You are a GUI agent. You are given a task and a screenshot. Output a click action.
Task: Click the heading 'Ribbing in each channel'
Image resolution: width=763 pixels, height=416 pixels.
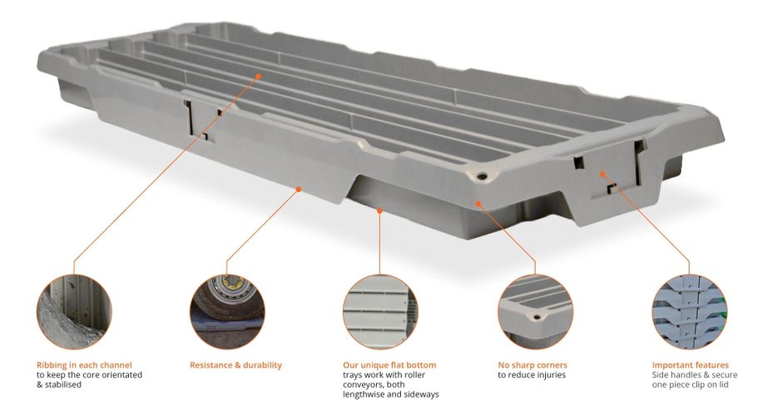[x=84, y=364]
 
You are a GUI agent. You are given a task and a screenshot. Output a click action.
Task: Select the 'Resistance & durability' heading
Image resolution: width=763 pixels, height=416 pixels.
[x=235, y=364]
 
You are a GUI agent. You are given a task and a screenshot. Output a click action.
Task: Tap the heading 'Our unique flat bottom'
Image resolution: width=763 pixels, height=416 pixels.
[x=389, y=364]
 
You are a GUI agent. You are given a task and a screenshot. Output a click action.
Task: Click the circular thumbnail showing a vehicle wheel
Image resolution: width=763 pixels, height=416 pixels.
[x=226, y=310]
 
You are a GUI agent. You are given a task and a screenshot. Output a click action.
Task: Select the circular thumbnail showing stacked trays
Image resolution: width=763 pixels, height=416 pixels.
[x=689, y=310]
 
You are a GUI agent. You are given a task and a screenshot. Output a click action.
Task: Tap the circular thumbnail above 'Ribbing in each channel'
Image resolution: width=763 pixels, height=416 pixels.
[x=74, y=310]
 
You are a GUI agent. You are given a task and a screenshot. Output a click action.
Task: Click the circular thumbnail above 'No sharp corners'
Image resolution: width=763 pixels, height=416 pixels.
[x=535, y=310]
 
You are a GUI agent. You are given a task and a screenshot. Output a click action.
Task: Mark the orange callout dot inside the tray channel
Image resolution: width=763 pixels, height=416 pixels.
[x=259, y=76]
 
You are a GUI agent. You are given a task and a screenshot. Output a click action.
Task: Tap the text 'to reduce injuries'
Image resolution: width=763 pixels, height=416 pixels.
[x=532, y=375]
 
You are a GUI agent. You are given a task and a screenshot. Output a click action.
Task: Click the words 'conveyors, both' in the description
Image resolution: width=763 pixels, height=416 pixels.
[x=374, y=384]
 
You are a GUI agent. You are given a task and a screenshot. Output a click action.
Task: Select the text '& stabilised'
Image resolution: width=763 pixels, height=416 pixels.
[x=60, y=384]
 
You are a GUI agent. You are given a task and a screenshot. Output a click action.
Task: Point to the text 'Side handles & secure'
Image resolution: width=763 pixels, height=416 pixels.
[x=694, y=375]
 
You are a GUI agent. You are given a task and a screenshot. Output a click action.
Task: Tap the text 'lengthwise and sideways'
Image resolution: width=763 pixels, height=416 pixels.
[x=390, y=394]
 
